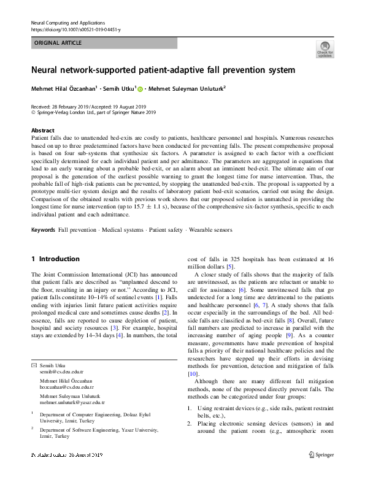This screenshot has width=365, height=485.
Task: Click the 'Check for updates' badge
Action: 325,49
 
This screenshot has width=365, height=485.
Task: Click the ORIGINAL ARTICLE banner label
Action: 58,43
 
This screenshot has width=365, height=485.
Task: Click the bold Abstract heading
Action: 42,131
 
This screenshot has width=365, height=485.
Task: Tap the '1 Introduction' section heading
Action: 55,259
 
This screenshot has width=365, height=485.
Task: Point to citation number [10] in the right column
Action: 192,373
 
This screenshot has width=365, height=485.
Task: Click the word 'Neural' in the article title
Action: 50,70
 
